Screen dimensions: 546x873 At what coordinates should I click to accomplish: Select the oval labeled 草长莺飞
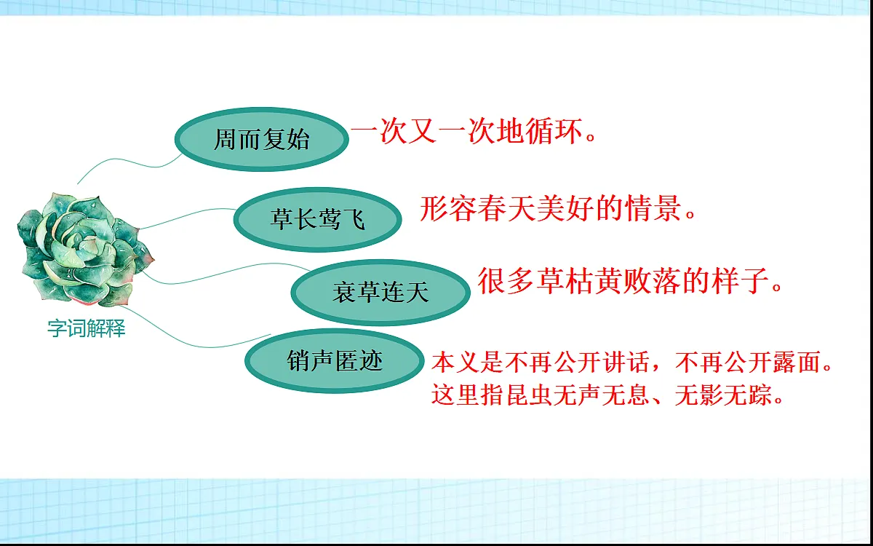[x=318, y=218]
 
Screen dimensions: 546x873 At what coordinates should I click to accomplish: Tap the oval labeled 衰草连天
[x=380, y=293]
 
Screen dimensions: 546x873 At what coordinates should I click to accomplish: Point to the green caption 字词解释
[x=87, y=329]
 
